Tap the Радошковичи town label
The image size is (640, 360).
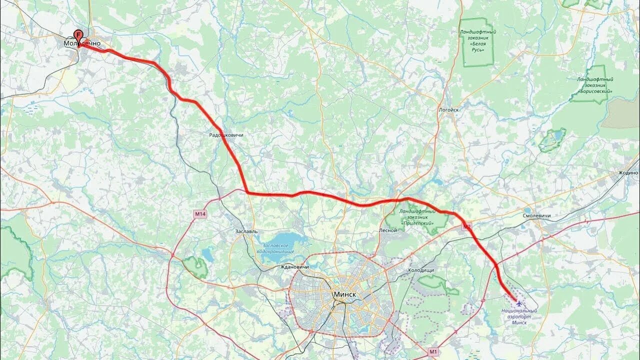(226, 135)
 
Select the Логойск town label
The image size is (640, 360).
(448, 109)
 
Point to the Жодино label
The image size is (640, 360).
(628, 173)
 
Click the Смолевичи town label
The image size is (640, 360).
(536, 215)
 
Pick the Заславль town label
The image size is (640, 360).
(246, 231)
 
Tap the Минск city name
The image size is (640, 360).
(345, 294)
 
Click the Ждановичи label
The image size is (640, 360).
(294, 267)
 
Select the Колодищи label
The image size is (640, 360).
(420, 270)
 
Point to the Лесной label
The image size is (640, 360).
(388, 230)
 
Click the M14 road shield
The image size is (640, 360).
(200, 214)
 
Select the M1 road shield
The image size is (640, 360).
(433, 351)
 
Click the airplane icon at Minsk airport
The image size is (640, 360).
(519, 303)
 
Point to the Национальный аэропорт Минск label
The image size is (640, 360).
(519, 316)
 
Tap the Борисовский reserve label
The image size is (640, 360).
(594, 85)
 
